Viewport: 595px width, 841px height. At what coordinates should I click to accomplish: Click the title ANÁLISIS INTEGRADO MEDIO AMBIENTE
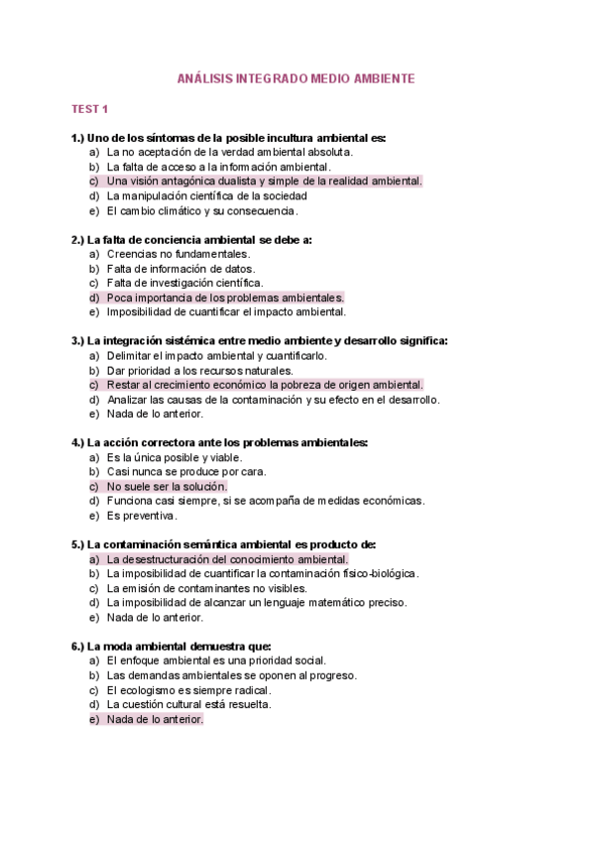(x=296, y=77)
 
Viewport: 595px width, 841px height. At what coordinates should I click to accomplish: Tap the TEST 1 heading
(x=89, y=108)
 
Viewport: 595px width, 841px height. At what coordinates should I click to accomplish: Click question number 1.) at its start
(x=78, y=137)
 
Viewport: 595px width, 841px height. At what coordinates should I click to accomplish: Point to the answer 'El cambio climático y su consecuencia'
(x=202, y=211)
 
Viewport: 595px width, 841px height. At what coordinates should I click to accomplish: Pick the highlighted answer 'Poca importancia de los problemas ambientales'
(x=225, y=298)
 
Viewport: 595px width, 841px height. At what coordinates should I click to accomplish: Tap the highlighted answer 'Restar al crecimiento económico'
(x=264, y=385)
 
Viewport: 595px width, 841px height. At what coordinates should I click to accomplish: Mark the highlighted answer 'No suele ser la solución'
(x=167, y=487)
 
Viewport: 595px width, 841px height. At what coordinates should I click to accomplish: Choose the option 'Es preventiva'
(x=142, y=516)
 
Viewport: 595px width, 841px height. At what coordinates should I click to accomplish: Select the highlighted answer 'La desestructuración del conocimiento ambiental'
(x=227, y=558)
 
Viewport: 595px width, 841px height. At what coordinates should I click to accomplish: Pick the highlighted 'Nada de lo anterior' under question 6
(x=155, y=720)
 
